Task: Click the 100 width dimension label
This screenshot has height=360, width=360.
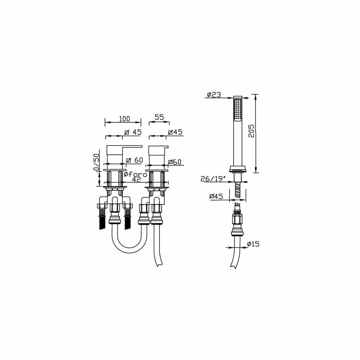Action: point(125,119)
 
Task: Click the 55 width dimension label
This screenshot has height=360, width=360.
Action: point(159,117)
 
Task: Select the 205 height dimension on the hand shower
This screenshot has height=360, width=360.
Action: point(251,131)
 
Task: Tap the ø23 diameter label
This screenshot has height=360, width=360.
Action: point(214,95)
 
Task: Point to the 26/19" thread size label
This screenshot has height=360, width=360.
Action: point(212,179)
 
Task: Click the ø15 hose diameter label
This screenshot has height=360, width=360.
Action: point(253,244)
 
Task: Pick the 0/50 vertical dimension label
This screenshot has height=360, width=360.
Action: point(96,162)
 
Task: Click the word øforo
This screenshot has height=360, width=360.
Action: point(135,175)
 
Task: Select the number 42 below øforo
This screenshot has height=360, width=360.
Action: point(136,180)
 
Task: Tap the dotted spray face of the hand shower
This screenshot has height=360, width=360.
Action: point(238,110)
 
